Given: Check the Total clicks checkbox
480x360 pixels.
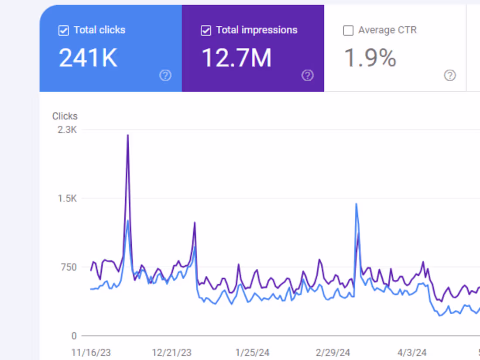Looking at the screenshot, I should coord(64,31).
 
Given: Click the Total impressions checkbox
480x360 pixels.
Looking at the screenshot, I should coord(206,31).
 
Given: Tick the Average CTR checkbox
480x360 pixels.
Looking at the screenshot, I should coord(348,31).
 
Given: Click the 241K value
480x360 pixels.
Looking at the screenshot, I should coord(88,58).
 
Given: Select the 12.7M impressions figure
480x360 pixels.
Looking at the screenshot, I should coord(236,58).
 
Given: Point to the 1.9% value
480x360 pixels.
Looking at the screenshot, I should coord(370,58).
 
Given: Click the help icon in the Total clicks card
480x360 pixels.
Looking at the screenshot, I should coord(165,75).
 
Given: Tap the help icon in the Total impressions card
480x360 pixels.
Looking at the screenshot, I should coord(307,75).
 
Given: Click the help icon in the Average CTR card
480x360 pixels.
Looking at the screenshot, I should coord(450,75).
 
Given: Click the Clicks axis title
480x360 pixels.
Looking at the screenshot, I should coord(65,116).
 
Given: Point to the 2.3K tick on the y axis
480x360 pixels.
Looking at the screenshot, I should coord(67,130).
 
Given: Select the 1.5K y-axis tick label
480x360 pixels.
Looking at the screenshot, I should coord(67,199).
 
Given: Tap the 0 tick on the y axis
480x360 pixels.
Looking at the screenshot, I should coord(74,336).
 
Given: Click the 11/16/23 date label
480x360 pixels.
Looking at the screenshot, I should coord(91,352).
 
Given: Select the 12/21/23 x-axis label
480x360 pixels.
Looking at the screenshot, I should coord(171,352).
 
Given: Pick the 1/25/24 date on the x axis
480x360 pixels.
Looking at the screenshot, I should coord(252,352).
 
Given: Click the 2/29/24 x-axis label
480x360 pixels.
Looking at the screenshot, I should coord(333,352).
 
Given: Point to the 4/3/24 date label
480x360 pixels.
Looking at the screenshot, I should coord(411,352).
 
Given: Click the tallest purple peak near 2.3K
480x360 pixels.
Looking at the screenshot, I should coord(128,136).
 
